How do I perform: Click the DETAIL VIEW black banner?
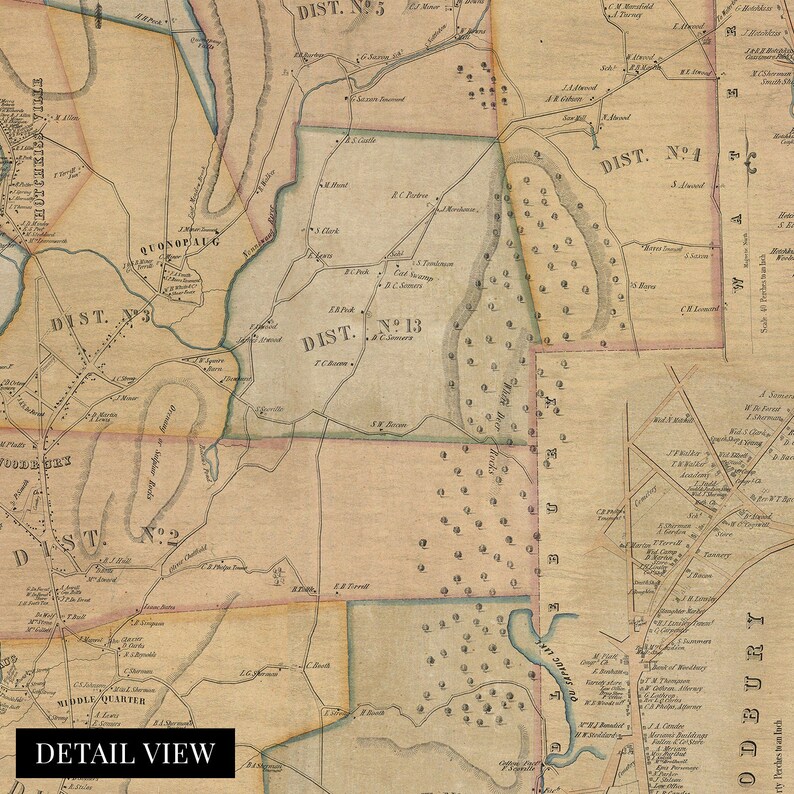coord(125,753)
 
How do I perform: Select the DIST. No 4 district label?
coord(649,158)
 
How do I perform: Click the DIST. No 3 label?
coord(100,319)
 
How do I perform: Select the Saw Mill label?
coord(573,117)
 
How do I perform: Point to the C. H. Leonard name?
coord(701,308)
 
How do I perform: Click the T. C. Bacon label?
coord(330,363)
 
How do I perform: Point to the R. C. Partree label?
coord(410,196)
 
